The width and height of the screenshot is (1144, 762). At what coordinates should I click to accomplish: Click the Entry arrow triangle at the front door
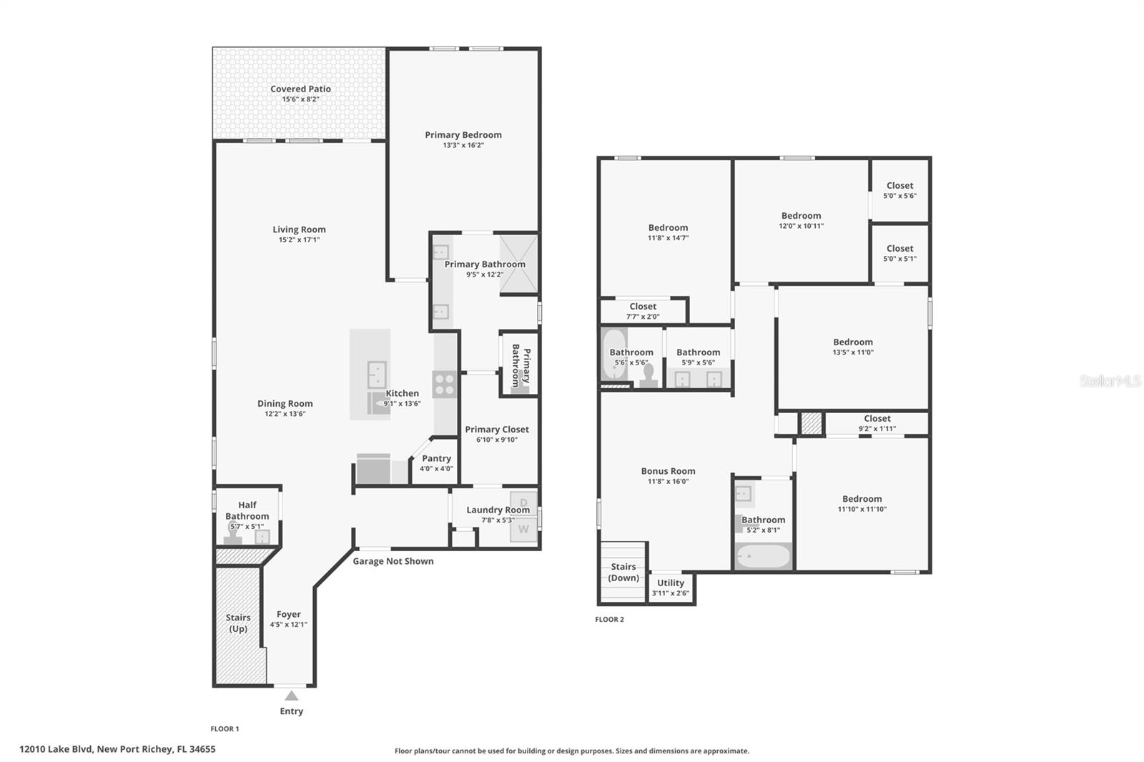pyautogui.click(x=291, y=696)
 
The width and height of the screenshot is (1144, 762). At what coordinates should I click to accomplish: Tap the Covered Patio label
pyautogui.click(x=300, y=89)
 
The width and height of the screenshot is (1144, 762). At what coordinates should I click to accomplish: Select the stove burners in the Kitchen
pyautogui.click(x=444, y=385)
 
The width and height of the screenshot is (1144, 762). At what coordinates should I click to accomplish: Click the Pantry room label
pyautogui.click(x=436, y=459)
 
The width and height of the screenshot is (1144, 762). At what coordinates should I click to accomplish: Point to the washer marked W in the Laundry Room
pyautogui.click(x=523, y=530)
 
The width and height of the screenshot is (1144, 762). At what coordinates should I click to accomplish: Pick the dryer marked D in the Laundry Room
pyautogui.click(x=523, y=503)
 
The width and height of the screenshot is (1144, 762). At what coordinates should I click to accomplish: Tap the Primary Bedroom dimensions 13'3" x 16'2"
pyautogui.click(x=463, y=145)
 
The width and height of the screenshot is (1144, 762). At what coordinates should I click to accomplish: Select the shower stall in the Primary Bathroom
pyautogui.click(x=518, y=264)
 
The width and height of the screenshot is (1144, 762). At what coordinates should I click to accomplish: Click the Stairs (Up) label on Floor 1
pyautogui.click(x=238, y=623)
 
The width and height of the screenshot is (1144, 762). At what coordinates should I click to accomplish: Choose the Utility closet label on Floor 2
pyautogui.click(x=671, y=583)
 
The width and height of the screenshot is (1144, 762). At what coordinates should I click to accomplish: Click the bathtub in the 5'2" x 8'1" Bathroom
pyautogui.click(x=763, y=556)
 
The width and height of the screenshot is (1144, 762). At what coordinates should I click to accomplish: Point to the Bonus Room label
pyautogui.click(x=668, y=471)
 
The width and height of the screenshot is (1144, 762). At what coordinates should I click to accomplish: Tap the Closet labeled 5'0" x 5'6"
pyautogui.click(x=899, y=190)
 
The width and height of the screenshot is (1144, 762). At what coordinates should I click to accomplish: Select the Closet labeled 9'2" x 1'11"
pyautogui.click(x=877, y=423)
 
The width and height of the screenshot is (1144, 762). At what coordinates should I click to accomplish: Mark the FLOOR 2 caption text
pyautogui.click(x=609, y=620)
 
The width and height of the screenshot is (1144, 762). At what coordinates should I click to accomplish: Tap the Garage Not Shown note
pyautogui.click(x=393, y=561)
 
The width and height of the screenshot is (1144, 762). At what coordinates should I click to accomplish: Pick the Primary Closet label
pyautogui.click(x=497, y=430)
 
